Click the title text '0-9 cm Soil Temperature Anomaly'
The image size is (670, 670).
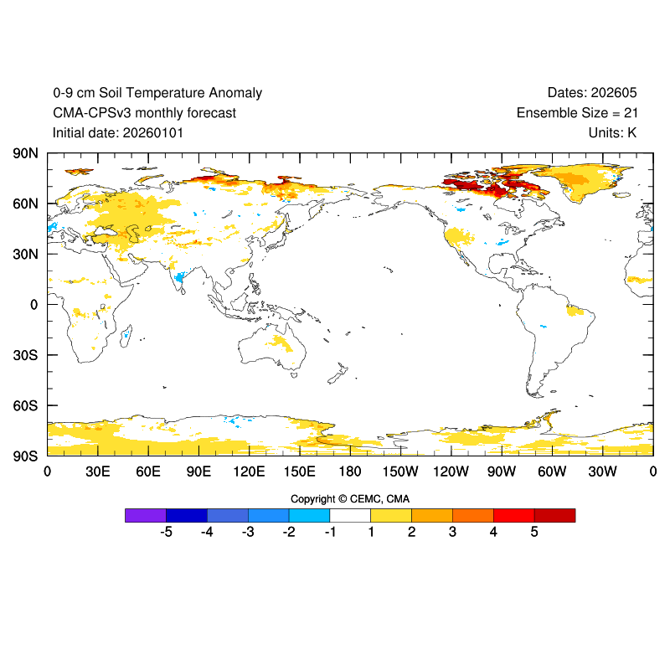157,93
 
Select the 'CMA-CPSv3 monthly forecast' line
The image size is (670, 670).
144,113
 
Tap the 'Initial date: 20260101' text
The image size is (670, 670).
118,132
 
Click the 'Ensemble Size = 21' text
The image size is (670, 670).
576,113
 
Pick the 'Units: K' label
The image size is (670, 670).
613,132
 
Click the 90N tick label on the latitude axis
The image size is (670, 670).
25,153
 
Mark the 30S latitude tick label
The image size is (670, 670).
25,355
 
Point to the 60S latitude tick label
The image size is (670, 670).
25,405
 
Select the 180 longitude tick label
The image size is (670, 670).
350,472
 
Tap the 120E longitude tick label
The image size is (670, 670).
249,472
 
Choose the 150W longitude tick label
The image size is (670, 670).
400,472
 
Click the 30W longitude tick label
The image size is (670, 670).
602,472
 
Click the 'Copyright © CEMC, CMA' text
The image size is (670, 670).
350,499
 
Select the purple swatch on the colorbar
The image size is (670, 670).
146,515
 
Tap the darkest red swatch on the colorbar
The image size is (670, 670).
554,515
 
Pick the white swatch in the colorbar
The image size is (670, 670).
350,515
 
